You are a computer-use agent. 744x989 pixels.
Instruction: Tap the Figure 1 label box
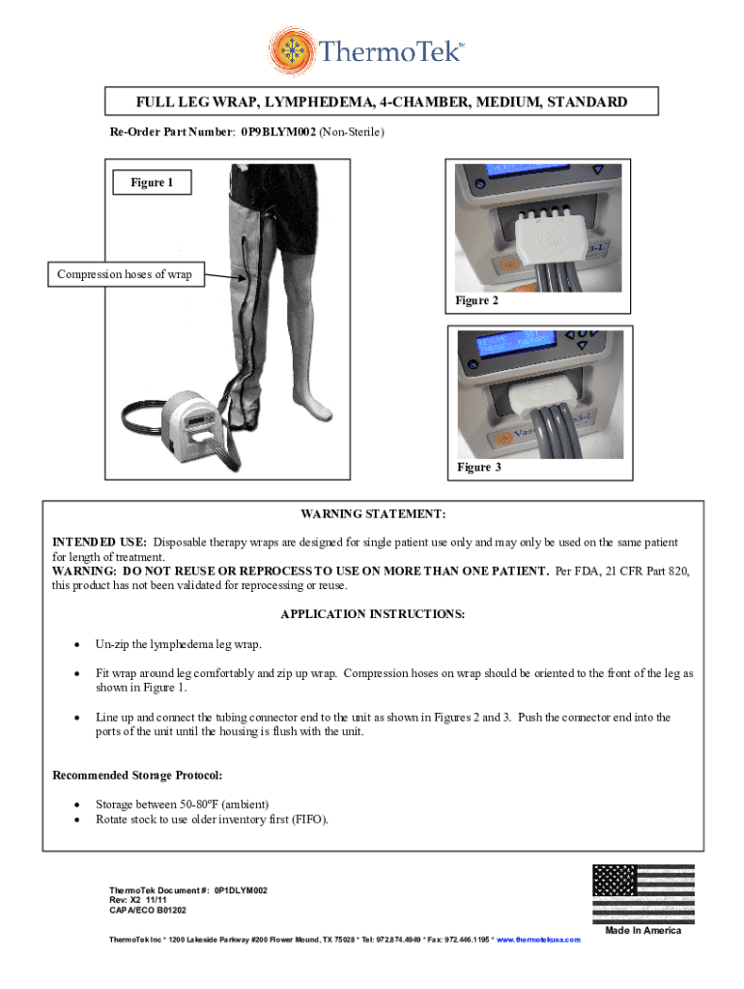(x=153, y=183)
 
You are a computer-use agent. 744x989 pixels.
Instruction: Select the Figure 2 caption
(x=478, y=301)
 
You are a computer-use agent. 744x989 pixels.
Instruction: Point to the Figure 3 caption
(x=479, y=467)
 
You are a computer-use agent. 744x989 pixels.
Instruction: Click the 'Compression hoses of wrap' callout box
(x=125, y=275)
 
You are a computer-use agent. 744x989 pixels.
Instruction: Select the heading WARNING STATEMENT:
(x=372, y=515)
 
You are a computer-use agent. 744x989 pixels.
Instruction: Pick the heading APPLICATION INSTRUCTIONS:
(x=372, y=614)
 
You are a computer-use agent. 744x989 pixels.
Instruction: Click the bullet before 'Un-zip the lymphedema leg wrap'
(x=75, y=644)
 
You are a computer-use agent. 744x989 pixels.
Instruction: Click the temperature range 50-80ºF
(x=196, y=805)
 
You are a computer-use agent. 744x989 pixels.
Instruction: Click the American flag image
(x=643, y=893)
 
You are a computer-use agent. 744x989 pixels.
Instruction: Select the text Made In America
(x=643, y=931)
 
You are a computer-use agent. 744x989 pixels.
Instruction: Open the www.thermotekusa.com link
(x=538, y=940)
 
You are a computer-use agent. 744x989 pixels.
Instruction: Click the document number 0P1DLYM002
(x=241, y=890)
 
